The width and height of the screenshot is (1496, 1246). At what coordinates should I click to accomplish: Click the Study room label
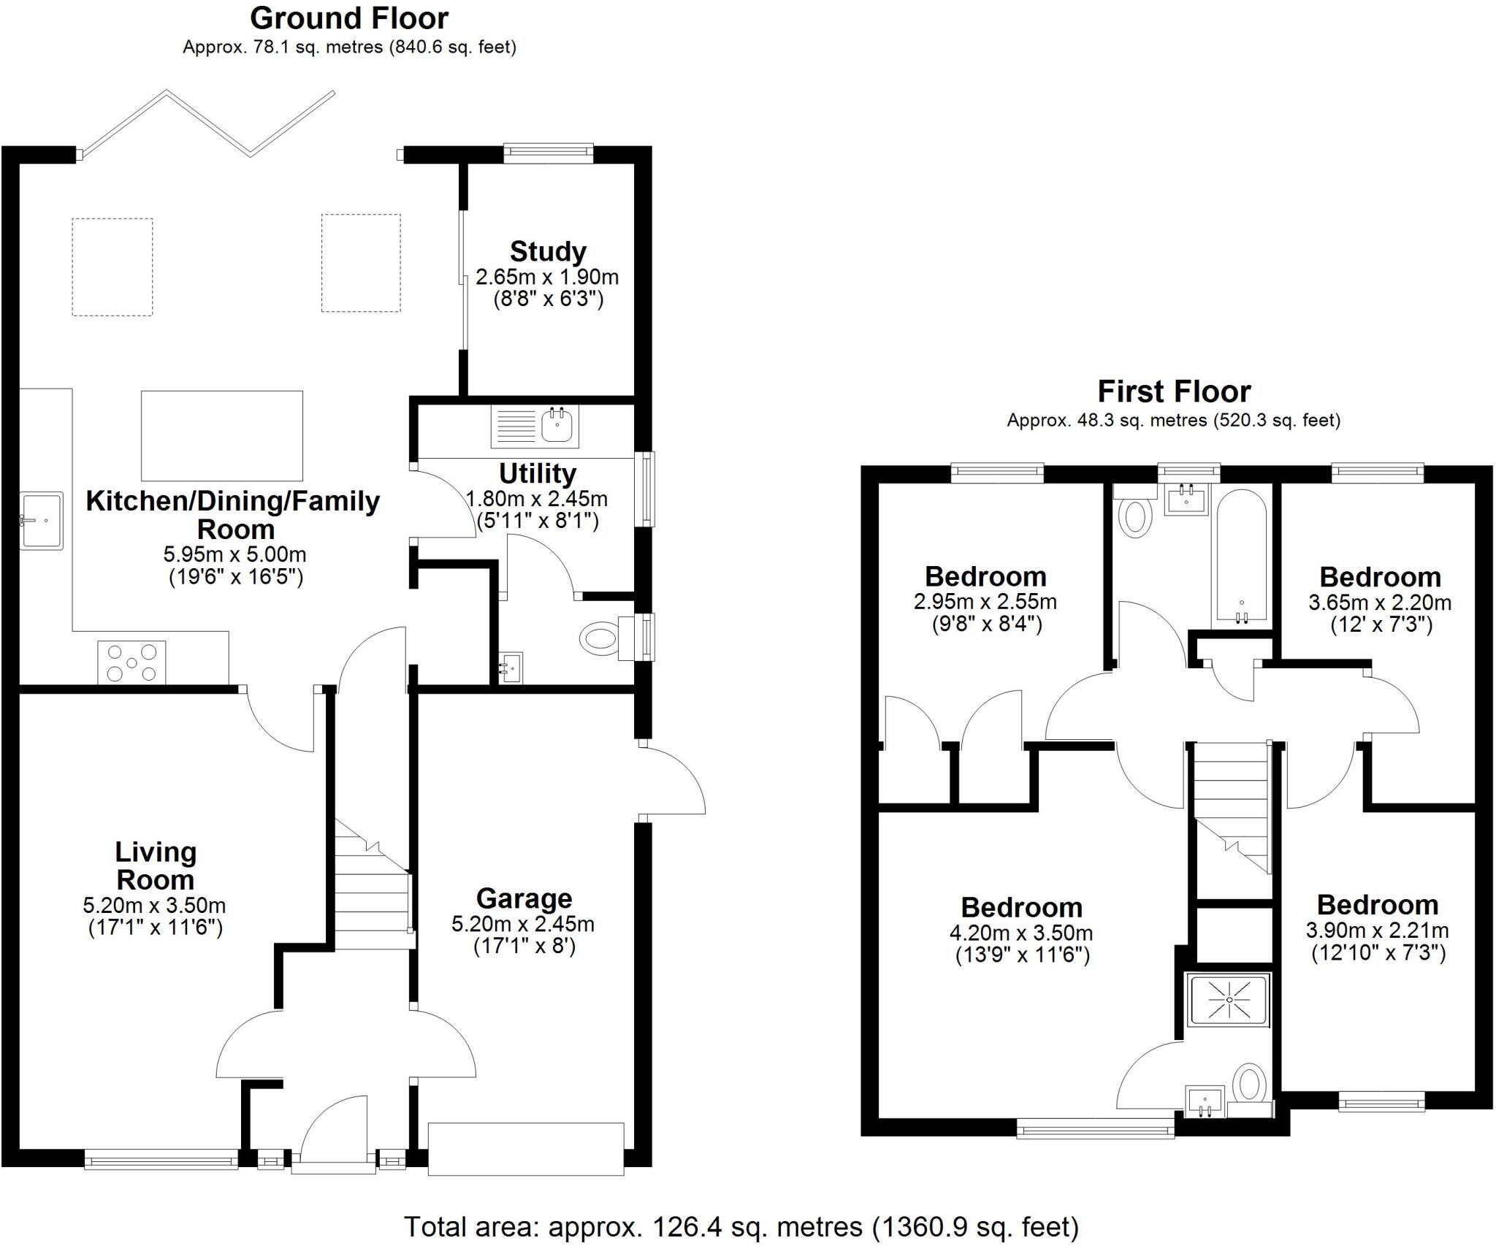tap(548, 252)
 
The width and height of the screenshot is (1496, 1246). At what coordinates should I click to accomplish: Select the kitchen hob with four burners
tap(131, 662)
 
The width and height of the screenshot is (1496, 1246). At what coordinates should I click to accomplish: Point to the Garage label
tap(524, 898)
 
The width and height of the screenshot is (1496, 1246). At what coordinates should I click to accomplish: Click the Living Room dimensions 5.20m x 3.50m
tap(154, 906)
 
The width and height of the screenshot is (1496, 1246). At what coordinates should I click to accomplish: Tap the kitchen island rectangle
tap(222, 435)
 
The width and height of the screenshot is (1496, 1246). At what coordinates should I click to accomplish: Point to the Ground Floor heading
tap(349, 18)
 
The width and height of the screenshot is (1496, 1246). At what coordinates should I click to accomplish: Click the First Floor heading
tap(1174, 392)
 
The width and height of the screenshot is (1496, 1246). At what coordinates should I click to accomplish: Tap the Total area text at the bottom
tap(741, 1226)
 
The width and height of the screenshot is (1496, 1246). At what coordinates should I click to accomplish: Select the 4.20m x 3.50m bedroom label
tap(1021, 933)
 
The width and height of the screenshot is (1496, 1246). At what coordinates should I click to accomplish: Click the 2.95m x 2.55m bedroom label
tap(985, 602)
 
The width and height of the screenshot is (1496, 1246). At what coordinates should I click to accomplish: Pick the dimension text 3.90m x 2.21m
tap(1377, 930)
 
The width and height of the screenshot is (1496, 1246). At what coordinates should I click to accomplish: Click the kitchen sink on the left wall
tap(42, 521)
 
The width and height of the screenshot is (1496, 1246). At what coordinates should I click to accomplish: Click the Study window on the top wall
tap(548, 152)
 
